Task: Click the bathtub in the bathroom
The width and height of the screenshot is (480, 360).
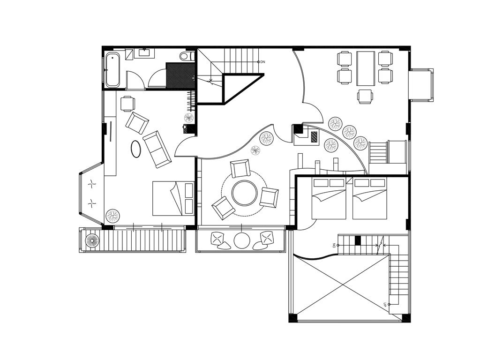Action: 112,70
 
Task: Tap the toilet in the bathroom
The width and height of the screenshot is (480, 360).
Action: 187,56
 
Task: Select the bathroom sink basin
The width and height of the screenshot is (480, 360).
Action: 144,52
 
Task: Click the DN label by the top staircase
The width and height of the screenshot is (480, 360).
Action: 262,62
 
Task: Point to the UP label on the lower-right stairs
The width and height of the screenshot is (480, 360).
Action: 385,305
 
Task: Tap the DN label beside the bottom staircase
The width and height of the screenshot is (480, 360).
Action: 334,245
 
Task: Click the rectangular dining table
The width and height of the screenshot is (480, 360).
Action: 366,68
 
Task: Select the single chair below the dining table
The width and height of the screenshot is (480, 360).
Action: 365,97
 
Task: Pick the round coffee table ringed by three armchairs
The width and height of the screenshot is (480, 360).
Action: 244,194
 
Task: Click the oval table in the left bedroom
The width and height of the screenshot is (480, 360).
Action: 135,149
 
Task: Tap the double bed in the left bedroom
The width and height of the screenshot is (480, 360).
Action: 173,198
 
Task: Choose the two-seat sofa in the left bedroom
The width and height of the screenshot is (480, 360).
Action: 157,150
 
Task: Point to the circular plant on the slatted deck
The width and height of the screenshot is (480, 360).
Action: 92,240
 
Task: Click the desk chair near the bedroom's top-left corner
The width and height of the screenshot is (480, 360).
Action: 127,104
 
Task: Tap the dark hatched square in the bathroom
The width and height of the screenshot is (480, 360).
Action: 180,75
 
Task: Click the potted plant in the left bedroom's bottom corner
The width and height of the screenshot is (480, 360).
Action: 112,216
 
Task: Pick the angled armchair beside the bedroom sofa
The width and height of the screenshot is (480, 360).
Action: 137,123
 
